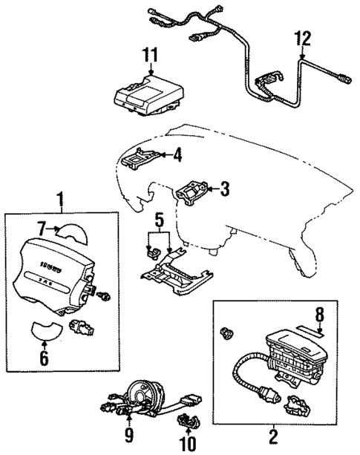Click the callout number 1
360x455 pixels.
pos(62,200)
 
